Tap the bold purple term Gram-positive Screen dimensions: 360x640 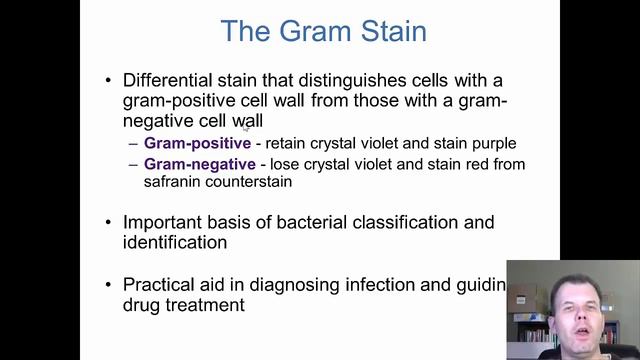pos(197,144)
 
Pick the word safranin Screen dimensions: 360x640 pos(176,183)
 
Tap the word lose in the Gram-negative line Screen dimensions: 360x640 pos(282,164)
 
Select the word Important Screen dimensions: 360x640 pos(165,222)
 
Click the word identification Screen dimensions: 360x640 pos(174,242)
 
